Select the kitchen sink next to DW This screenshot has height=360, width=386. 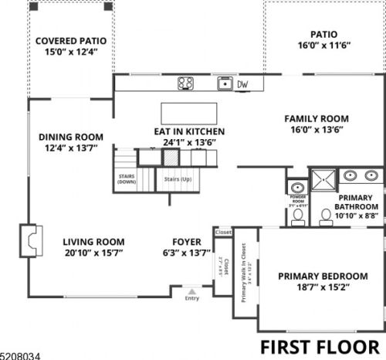(224, 83)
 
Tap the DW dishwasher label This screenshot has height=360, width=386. (242, 84)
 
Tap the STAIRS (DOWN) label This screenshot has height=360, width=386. (127, 178)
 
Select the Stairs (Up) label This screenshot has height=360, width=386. (177, 178)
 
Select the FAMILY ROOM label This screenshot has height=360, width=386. (317, 118)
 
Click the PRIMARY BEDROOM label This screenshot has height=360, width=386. (323, 276)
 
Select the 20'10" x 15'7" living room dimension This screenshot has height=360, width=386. (93, 253)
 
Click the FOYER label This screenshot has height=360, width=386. (188, 241)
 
